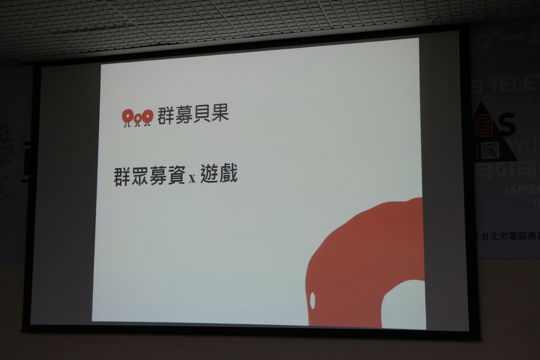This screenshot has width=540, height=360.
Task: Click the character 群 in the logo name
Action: pos(166,115)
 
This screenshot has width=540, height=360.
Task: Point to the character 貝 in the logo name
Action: pos(202,114)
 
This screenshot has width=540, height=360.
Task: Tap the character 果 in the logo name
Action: pos(220,114)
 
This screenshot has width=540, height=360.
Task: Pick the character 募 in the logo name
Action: pos(184,115)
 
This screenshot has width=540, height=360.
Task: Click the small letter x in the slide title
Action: pos(192,179)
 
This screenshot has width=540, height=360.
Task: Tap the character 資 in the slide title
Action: pos(176,176)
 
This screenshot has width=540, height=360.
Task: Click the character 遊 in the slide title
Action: pos(209,173)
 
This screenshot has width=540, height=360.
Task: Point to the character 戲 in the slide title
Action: pos(228,173)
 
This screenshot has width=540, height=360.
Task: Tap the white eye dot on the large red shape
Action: pos(312,300)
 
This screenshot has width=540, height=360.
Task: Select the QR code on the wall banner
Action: pos(490,150)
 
